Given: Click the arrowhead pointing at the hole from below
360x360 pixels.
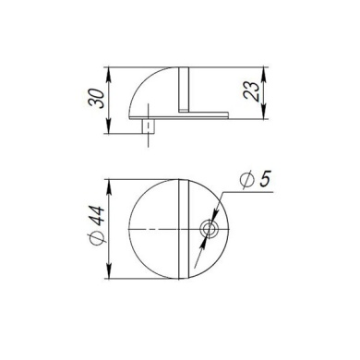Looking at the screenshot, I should (206, 236).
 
